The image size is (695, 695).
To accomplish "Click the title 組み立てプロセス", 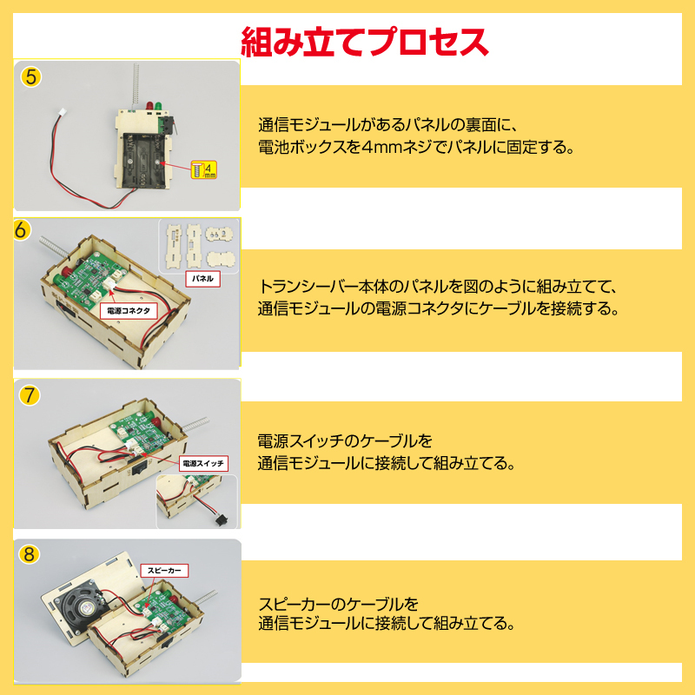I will coord(364,40).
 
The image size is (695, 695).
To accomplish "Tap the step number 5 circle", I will coord(31,76).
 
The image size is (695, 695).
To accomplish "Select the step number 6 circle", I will coord(23,230).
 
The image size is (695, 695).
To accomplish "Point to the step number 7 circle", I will coord(30,394).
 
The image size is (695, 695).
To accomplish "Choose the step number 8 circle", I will coord(30,553).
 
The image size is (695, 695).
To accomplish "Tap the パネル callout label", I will coord(202,279).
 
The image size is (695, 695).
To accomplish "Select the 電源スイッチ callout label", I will coord(204,463).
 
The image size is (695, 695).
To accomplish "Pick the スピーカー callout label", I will coord(165,570).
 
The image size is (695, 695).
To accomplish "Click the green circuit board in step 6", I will coord(96,278).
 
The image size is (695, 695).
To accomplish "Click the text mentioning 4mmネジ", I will coord(416,147).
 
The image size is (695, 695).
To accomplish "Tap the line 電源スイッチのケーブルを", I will coord(345,440).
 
